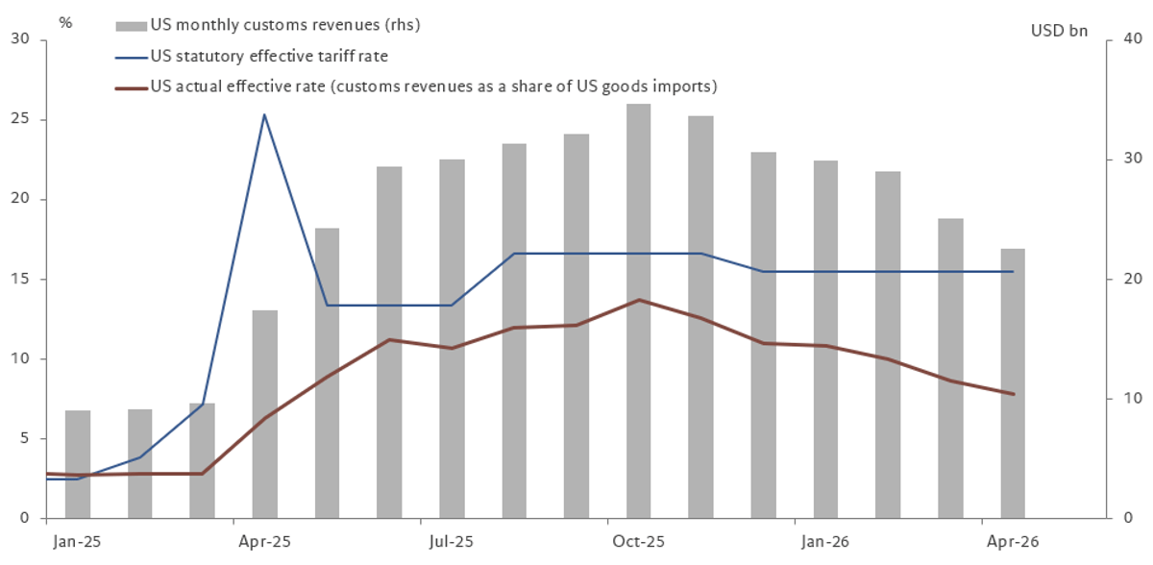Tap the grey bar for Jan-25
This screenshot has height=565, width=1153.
[x=78, y=465]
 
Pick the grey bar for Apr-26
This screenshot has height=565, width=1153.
[x=1013, y=384]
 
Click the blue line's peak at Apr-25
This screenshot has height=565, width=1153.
[x=264, y=114]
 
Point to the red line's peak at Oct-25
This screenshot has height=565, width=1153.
[x=639, y=300]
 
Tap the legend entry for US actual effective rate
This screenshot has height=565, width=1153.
[x=432, y=87]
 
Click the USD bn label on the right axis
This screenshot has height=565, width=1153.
[x=1060, y=32]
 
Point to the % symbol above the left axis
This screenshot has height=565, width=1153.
[x=65, y=21]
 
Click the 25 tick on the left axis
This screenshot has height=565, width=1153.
[x=20, y=120]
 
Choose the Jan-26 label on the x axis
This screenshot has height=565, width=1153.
[x=825, y=542]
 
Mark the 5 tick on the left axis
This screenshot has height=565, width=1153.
[x=24, y=439]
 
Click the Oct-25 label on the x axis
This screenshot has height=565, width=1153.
[x=638, y=542]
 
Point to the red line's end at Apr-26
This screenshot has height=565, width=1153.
[x=1013, y=394]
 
